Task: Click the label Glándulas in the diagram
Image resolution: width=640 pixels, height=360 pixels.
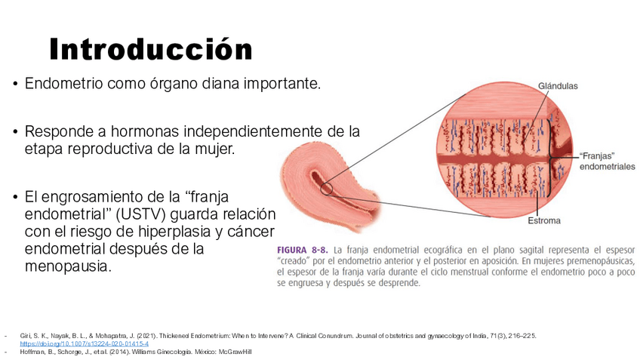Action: [x=558, y=86]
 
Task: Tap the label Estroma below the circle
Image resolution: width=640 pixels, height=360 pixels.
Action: [x=543, y=220]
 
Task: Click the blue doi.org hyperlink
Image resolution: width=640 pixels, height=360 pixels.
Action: [x=84, y=343]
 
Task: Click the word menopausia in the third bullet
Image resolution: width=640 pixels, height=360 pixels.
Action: [x=68, y=266]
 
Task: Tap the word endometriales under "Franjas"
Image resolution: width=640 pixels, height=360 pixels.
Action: [x=608, y=167]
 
